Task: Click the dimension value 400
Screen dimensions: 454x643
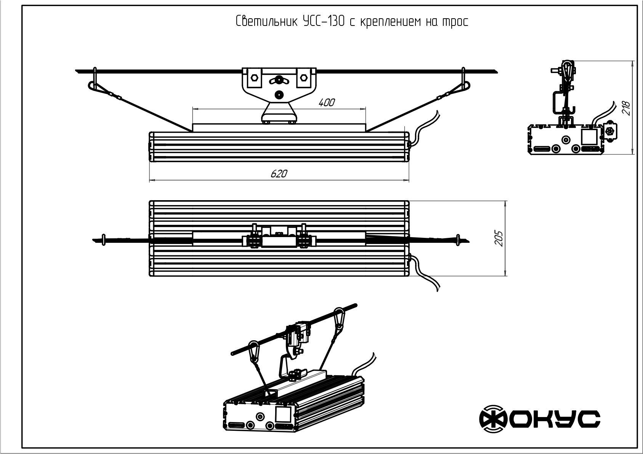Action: coord(327,103)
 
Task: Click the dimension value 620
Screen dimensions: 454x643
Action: coord(279,174)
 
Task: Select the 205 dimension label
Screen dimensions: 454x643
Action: coord(500,238)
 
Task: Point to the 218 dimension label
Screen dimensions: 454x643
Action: coord(628,108)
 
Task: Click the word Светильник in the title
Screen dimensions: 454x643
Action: coord(266,22)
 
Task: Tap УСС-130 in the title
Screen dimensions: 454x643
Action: coord(324,22)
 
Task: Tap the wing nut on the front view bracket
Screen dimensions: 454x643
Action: coord(278,80)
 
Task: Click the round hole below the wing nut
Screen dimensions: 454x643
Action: coord(279,94)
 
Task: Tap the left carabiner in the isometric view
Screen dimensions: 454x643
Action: coord(254,349)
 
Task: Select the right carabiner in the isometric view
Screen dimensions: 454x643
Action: coord(339,317)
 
